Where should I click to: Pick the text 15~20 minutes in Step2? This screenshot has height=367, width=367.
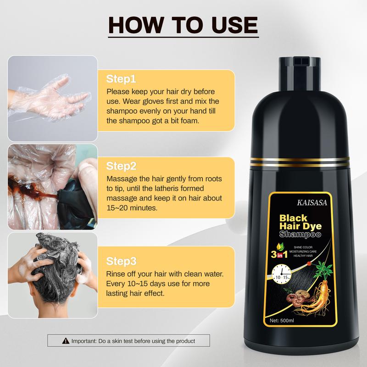(x=132, y=207)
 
